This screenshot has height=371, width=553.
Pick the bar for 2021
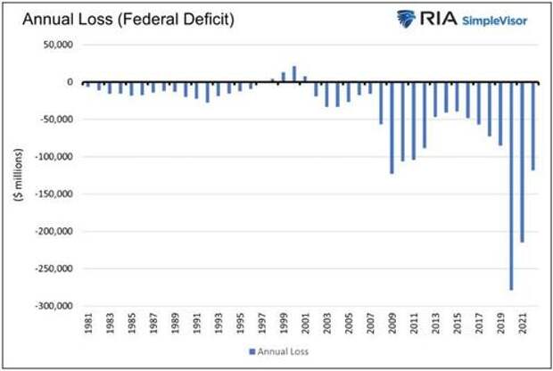coord(523,161)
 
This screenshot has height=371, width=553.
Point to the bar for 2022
coord(533,126)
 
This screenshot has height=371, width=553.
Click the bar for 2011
coord(414,120)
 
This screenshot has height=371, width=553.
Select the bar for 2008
coord(381,103)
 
